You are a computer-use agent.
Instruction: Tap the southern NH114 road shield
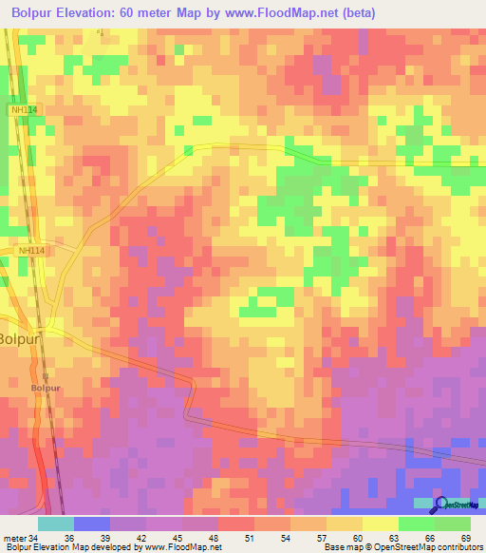31,251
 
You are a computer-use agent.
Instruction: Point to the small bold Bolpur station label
45,388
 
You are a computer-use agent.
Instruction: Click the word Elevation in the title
103,13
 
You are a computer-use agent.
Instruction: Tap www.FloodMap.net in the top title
283,13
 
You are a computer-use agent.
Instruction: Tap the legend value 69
465,538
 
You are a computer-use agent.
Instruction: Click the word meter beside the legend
16,538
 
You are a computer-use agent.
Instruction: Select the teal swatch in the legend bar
56,524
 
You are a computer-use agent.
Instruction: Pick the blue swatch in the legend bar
92,524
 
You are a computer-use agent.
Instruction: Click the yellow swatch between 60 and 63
380,524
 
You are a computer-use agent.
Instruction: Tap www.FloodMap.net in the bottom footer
180,547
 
